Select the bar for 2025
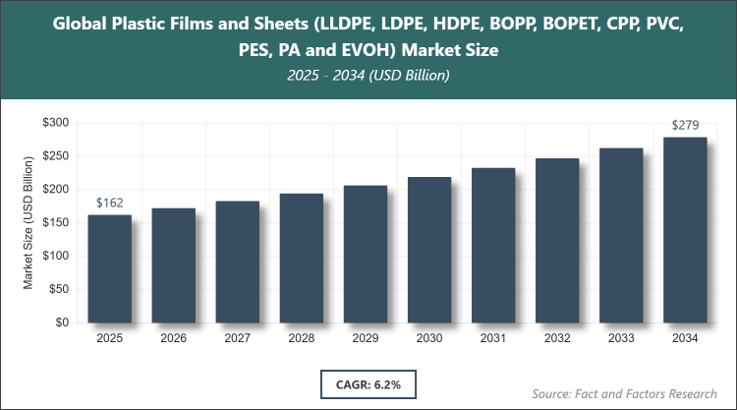point(109,268)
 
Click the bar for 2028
point(301,258)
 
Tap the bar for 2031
point(493,245)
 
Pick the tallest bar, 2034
point(685,229)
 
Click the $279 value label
point(685,126)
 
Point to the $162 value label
point(109,204)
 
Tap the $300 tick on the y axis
point(55,123)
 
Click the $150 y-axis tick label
point(55,222)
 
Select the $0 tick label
point(61,322)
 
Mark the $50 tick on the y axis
point(58,289)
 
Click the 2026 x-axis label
point(173,338)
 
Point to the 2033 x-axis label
point(621,338)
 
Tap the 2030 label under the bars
point(429,338)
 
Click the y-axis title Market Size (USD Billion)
point(29,222)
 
